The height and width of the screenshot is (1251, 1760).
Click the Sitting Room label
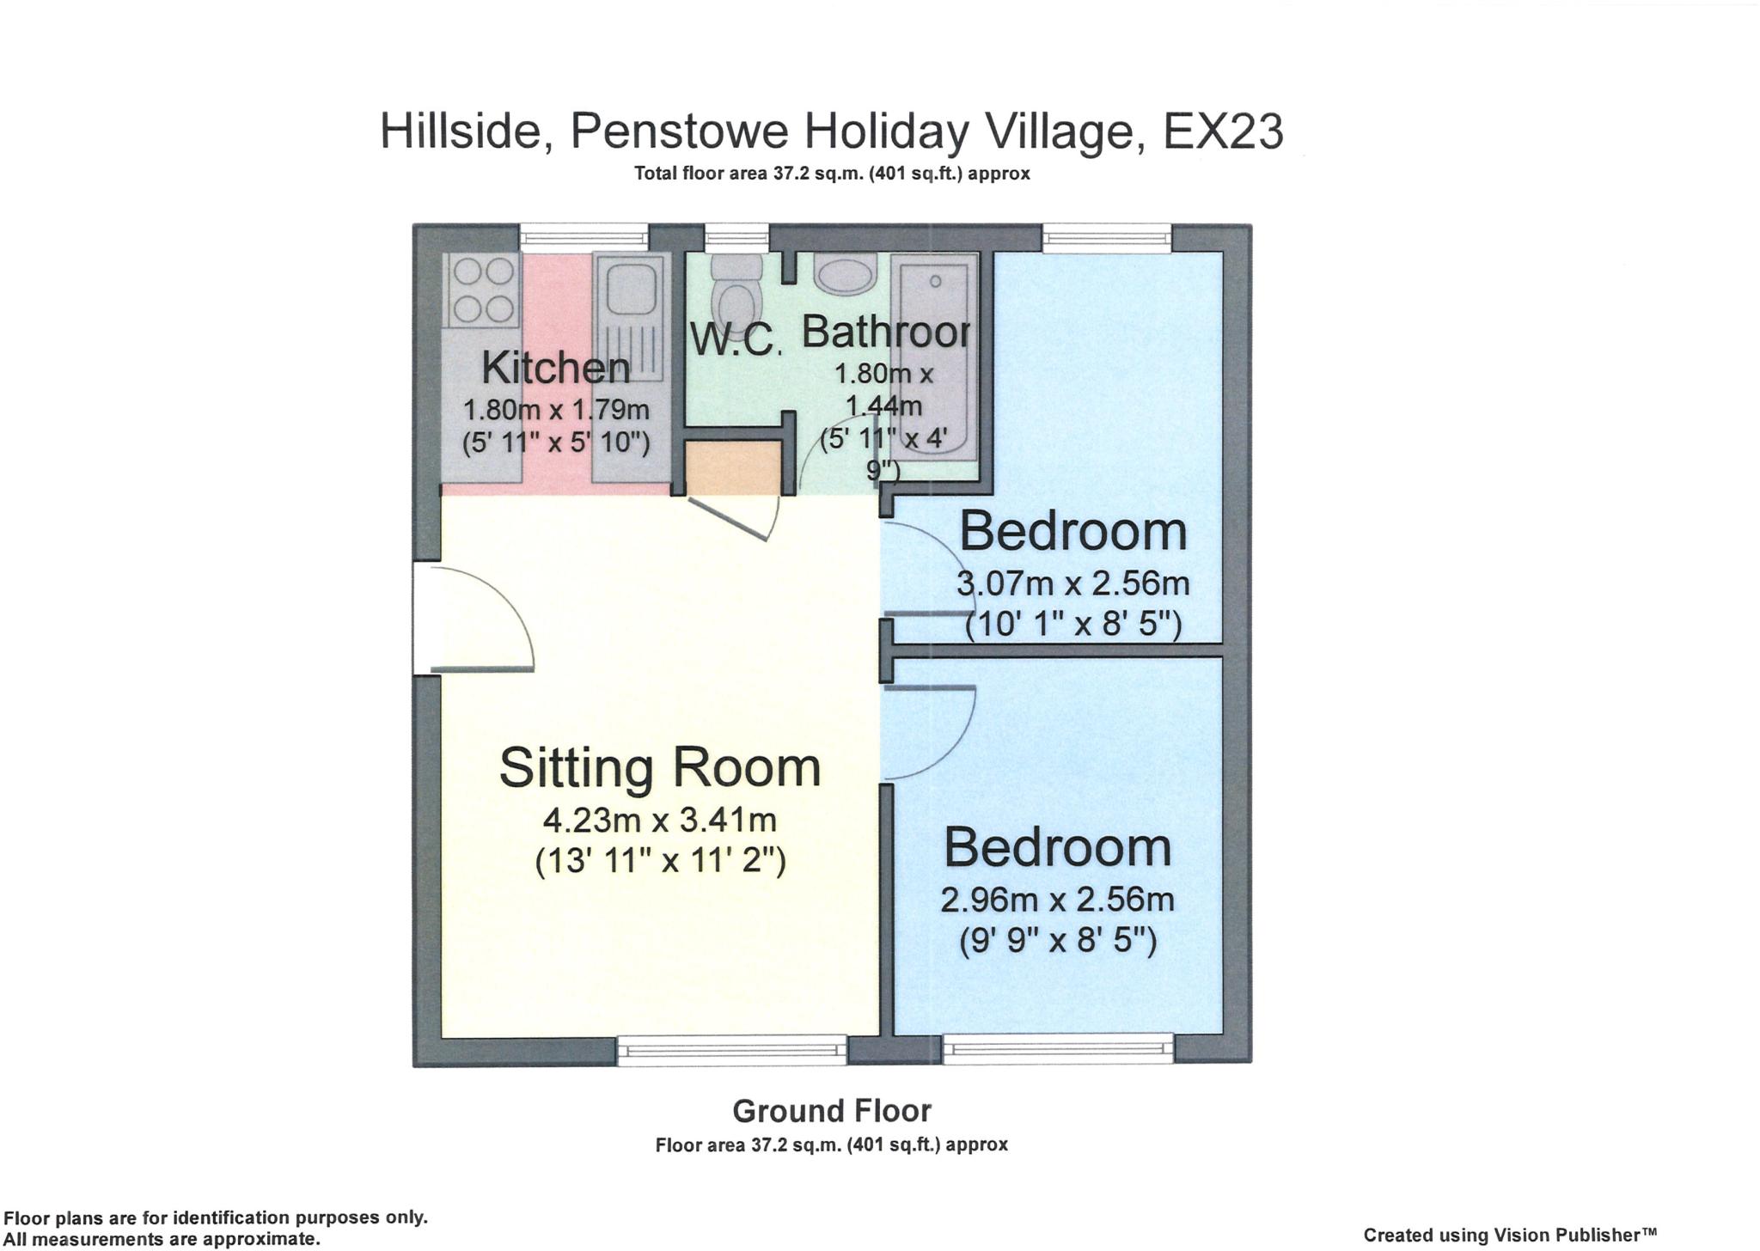point(660,767)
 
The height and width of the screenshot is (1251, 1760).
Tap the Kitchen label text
point(555,368)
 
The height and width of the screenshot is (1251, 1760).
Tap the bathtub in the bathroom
point(934,361)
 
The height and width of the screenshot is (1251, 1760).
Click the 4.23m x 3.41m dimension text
point(660,820)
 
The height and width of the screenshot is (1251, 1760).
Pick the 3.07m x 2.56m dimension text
point(1073,584)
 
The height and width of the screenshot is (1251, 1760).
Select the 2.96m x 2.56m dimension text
point(1057,900)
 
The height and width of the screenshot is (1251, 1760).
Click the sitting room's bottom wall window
point(733,1049)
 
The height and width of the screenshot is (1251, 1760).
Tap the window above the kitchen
point(584,237)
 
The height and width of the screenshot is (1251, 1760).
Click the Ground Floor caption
point(831,1111)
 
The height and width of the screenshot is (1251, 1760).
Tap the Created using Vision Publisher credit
point(1509,1235)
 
